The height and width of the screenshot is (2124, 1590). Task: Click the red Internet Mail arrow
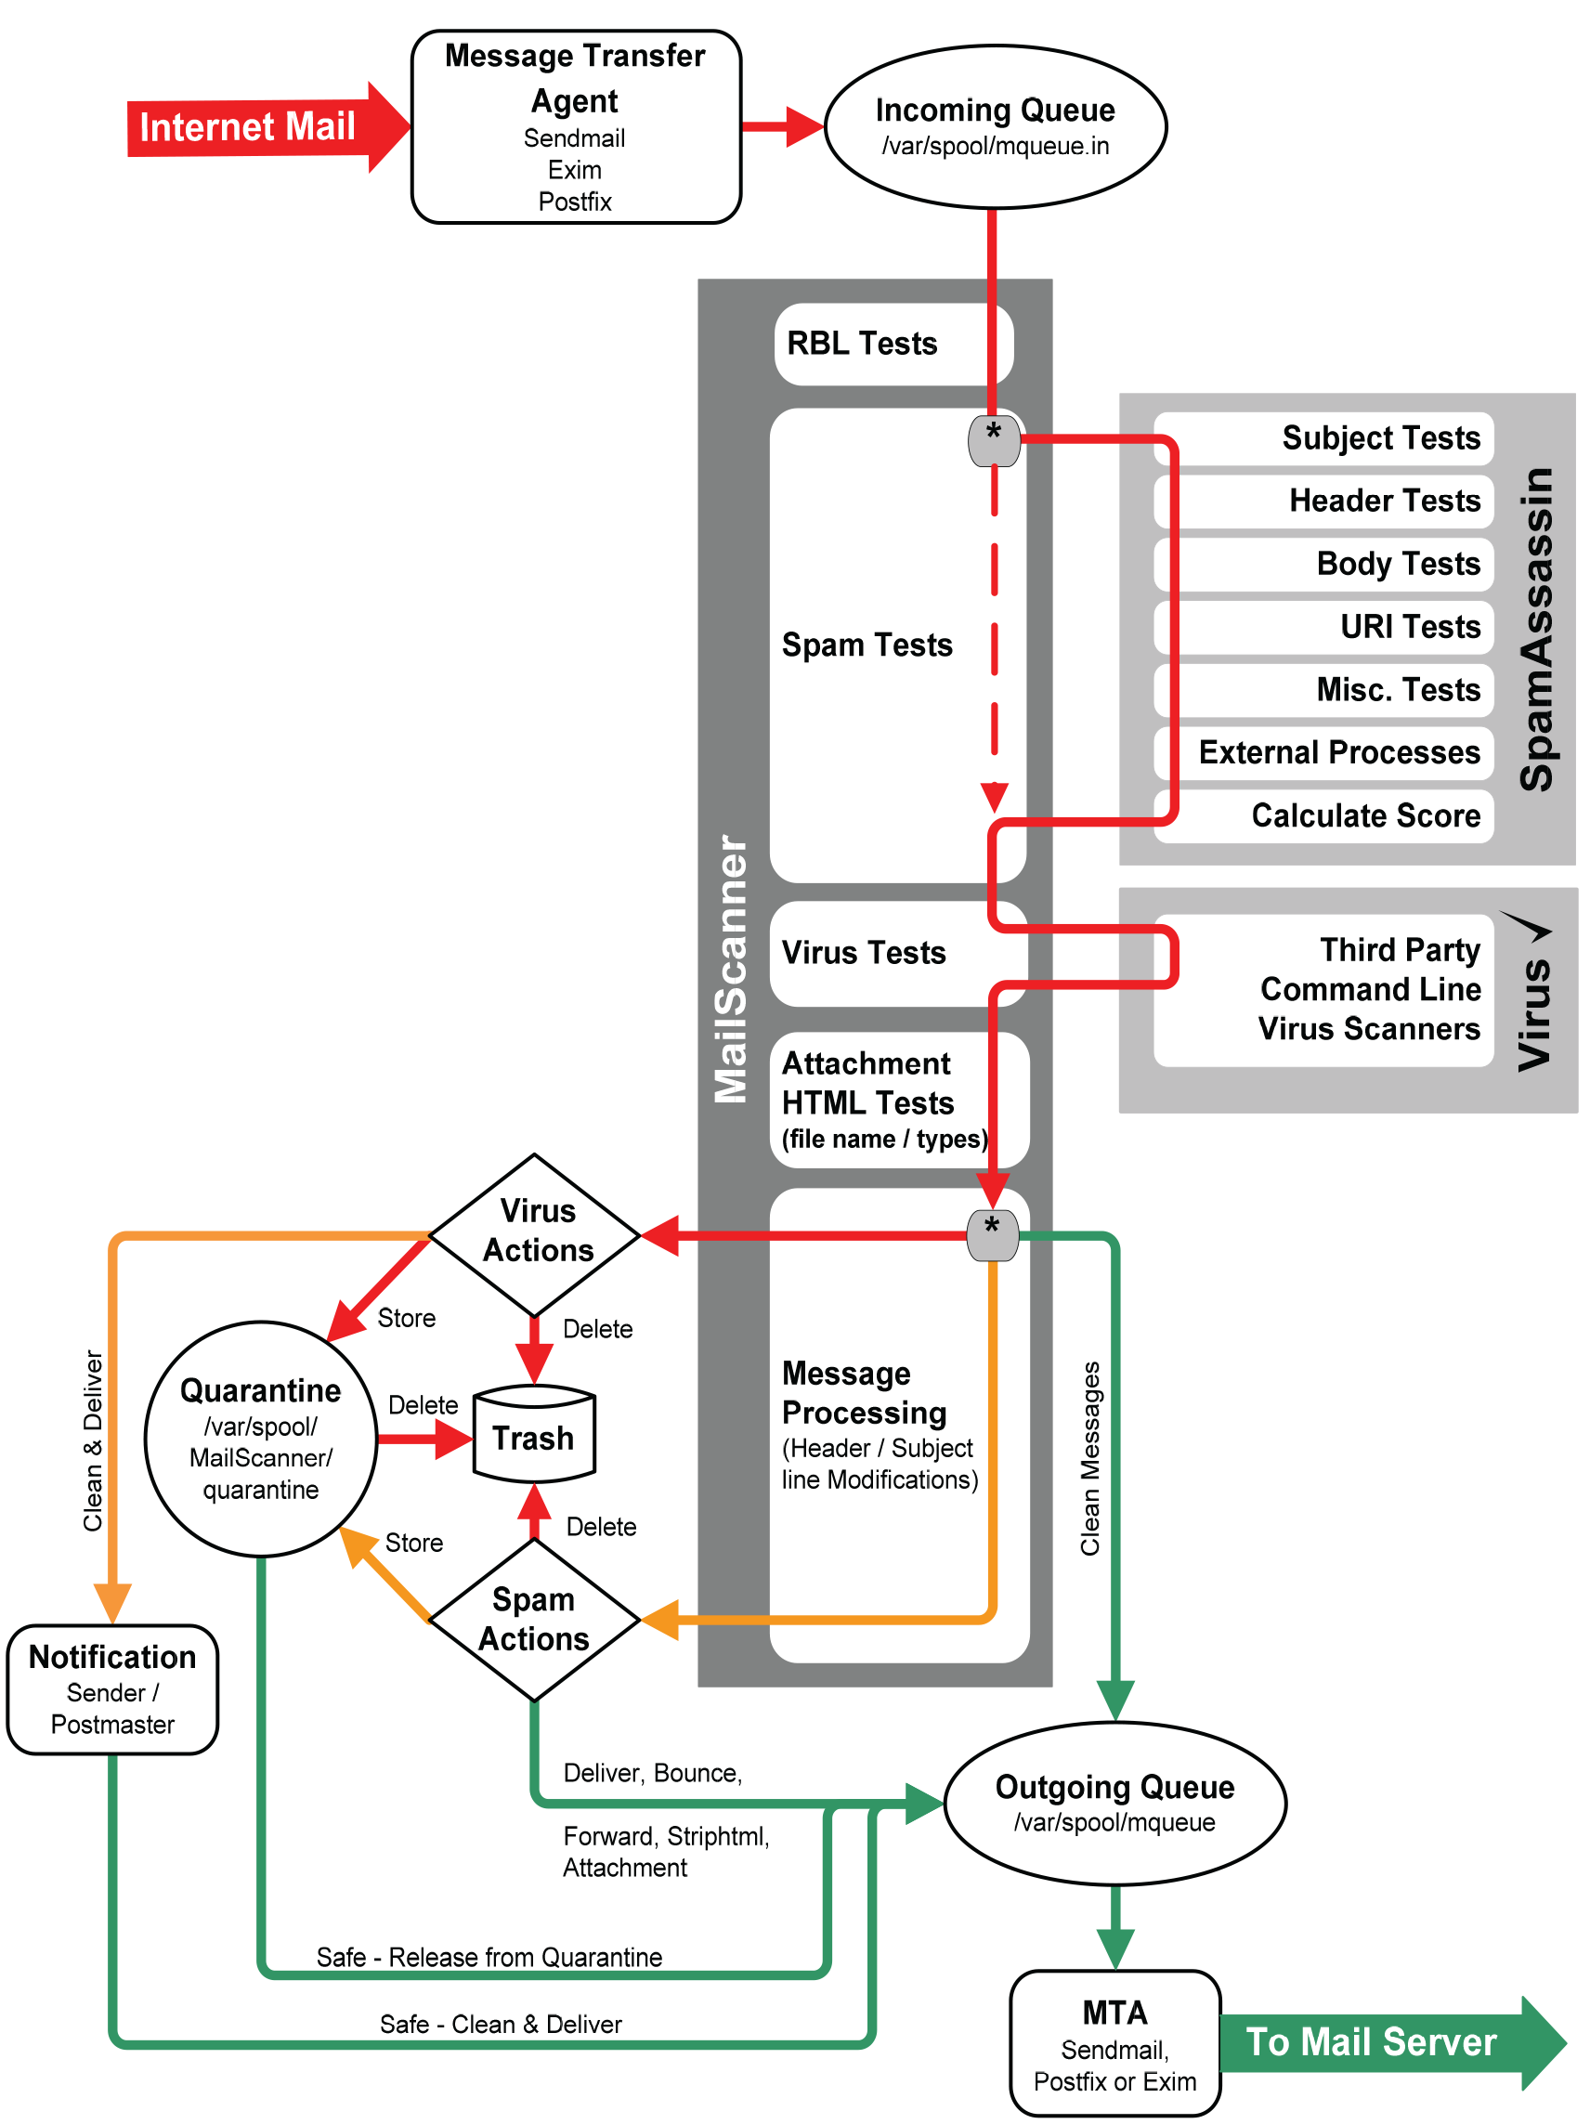tap(259, 126)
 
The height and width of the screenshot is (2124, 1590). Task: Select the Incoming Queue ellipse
tap(995, 126)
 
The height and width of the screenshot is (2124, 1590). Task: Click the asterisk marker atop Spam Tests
tap(993, 440)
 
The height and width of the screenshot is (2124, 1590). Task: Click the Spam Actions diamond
tap(535, 1619)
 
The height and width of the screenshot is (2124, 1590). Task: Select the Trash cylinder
tap(535, 1435)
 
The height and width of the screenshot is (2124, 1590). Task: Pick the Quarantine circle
tap(260, 1439)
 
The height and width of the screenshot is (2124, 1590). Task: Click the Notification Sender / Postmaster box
tap(112, 1689)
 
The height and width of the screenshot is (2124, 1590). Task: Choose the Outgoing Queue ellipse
tap(1114, 1803)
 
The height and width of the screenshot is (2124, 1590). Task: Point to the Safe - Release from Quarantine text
tap(489, 1957)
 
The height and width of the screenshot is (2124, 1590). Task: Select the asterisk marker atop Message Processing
tap(992, 1234)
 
